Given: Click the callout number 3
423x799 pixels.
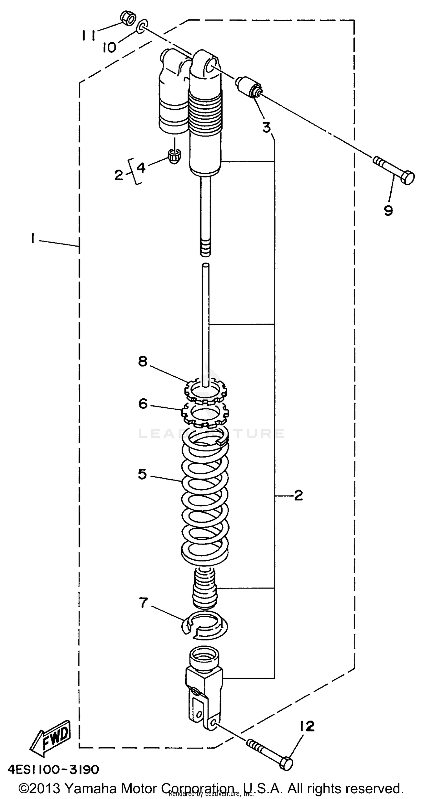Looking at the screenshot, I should coord(266,128).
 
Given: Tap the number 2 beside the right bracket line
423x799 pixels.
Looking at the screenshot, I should coord(298,495).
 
